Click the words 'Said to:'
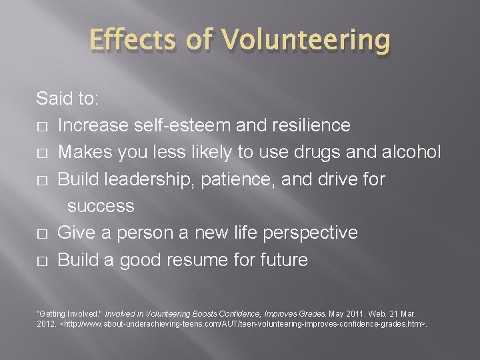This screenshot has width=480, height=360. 67,99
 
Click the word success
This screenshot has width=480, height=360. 101,206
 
